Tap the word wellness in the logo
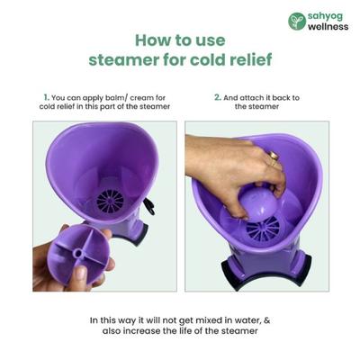(x=329, y=26)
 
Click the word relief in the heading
(x=247, y=60)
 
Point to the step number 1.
(x=45, y=95)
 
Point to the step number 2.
(x=217, y=95)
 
